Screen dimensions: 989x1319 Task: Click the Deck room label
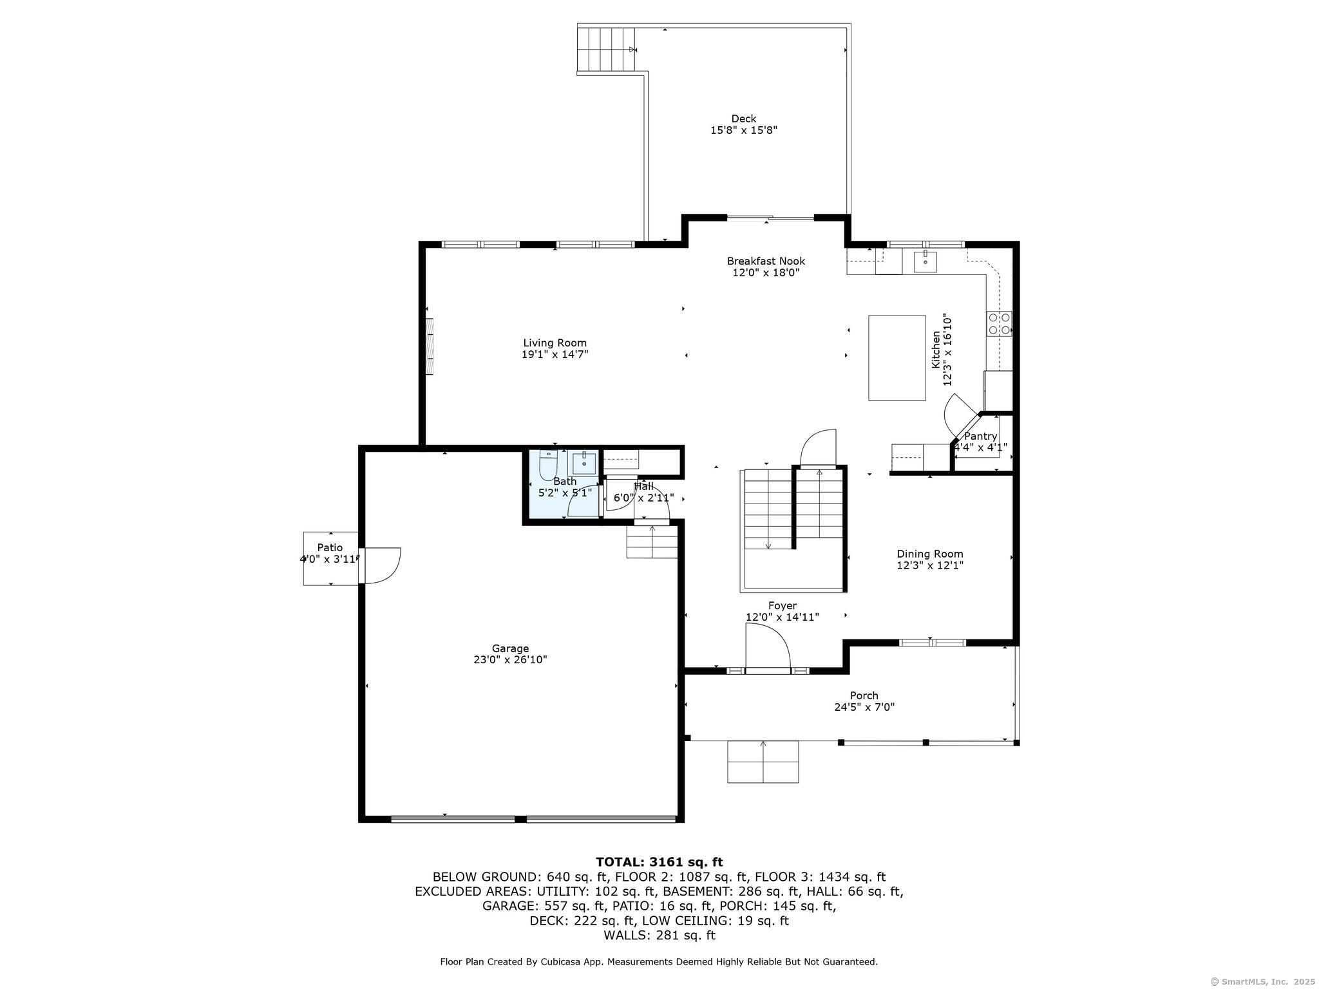click(743, 118)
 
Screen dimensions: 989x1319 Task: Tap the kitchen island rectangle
click(897, 357)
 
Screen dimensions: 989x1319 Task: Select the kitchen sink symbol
click(925, 261)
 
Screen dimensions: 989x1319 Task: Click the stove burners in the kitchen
click(999, 323)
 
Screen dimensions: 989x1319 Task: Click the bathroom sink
click(584, 463)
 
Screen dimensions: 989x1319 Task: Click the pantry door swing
click(959, 415)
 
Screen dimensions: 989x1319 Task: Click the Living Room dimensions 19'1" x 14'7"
click(555, 354)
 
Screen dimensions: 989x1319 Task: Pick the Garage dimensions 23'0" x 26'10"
click(510, 659)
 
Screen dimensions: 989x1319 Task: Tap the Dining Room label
click(929, 554)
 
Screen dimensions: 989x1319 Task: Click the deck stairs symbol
click(605, 50)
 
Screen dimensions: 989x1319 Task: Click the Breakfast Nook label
click(766, 261)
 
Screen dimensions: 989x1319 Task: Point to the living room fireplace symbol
click(429, 346)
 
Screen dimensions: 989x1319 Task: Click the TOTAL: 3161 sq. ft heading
click(659, 862)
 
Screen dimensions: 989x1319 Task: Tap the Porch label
click(864, 695)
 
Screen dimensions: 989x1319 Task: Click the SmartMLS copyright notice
click(1262, 981)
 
